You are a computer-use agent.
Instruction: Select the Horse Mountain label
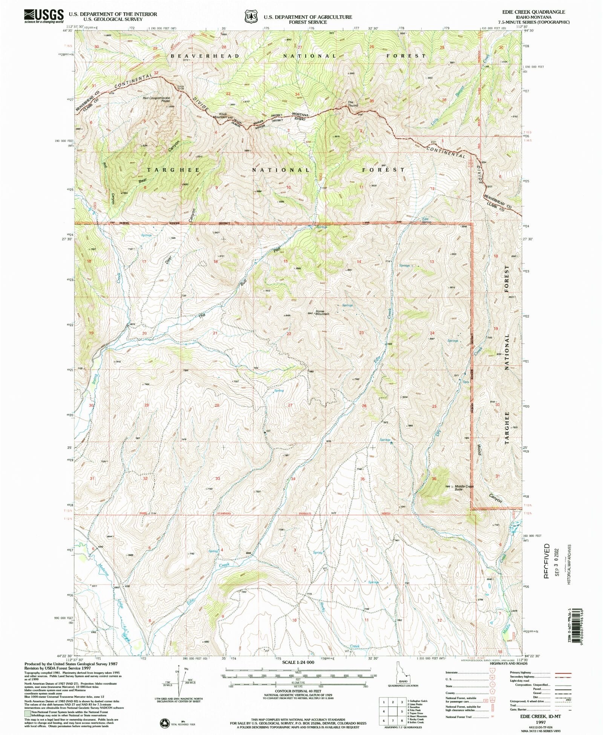click(x=320, y=313)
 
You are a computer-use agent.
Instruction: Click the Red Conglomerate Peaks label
click(x=156, y=99)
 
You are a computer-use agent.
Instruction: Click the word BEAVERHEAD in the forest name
click(x=205, y=56)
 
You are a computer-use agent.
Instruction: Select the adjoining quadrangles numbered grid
click(x=393, y=711)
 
